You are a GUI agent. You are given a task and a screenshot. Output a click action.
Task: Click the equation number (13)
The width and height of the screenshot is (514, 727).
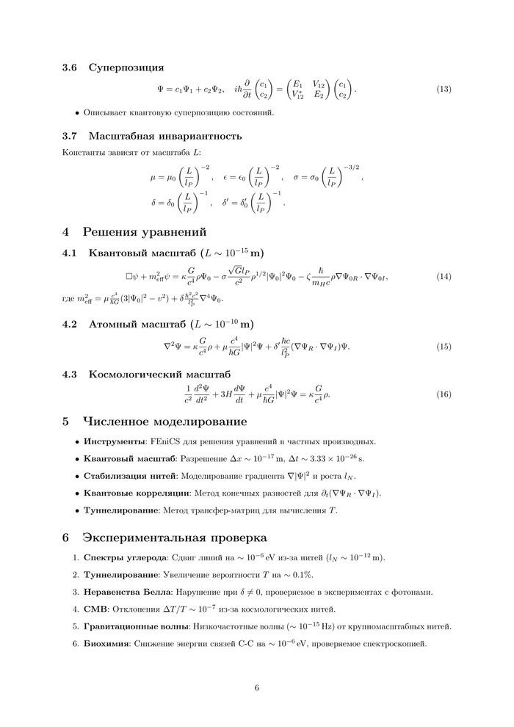click(x=444, y=90)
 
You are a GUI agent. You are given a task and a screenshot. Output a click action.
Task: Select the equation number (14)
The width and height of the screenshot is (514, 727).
click(x=444, y=277)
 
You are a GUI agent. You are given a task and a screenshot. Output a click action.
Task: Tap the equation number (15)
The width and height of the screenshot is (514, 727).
click(x=444, y=346)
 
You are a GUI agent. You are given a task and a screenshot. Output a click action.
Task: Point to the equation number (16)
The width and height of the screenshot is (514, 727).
click(x=444, y=394)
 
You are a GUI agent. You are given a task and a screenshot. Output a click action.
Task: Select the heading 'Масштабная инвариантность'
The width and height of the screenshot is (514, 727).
click(x=165, y=136)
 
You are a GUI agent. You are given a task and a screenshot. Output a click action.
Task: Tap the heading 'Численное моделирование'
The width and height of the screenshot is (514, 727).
click(x=164, y=422)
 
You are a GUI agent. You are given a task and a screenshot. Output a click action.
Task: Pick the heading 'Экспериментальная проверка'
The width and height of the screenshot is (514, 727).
click(x=175, y=538)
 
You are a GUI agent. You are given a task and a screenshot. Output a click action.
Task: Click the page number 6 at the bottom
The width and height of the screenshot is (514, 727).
click(x=257, y=688)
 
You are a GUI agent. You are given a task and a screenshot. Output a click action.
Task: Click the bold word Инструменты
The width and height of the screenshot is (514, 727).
click(x=113, y=441)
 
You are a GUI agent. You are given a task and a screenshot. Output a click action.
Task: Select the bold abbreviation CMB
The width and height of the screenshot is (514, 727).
click(x=95, y=609)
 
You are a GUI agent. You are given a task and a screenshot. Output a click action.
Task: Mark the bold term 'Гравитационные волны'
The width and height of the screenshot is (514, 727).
click(x=137, y=626)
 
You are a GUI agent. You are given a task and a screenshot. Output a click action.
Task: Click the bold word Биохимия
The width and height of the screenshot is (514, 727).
click(x=106, y=643)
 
